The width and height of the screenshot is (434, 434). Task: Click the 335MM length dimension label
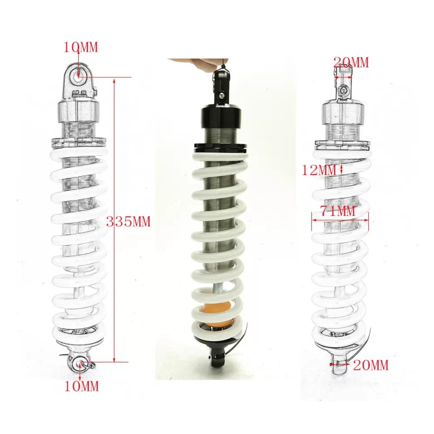point(129,222)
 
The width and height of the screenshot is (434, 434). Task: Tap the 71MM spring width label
point(337,211)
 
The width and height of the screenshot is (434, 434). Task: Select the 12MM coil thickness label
point(318,170)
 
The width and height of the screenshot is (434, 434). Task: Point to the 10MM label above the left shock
point(81,47)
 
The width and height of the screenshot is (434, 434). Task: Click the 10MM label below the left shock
point(81,386)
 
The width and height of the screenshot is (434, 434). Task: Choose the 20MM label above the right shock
point(351,62)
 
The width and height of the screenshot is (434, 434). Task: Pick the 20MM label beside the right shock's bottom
point(371,365)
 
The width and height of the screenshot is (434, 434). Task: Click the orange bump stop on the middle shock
point(221,311)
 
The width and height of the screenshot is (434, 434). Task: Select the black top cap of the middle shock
point(221,116)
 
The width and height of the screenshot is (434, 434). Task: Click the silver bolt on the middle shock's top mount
point(221,95)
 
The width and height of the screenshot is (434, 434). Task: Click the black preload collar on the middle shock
point(220,147)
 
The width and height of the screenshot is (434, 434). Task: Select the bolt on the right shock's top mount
point(343,91)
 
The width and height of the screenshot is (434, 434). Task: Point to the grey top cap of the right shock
point(343,113)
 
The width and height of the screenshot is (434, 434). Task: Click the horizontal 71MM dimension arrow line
point(340,220)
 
